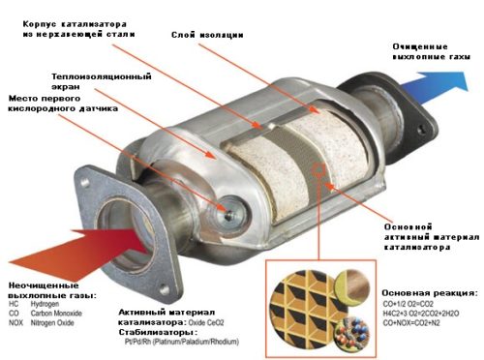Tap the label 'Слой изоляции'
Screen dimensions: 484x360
point(207,35)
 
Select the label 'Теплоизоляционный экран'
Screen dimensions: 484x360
point(102,81)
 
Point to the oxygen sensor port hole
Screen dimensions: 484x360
point(228,215)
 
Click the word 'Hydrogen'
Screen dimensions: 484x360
point(45,304)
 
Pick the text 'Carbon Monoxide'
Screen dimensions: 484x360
point(56,314)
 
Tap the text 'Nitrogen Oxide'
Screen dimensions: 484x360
point(52,322)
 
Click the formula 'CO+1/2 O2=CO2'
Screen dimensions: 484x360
point(408,304)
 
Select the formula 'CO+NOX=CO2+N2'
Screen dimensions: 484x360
point(411,323)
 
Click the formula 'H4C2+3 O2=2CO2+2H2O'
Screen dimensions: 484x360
point(421,314)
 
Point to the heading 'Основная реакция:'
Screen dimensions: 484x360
point(430,293)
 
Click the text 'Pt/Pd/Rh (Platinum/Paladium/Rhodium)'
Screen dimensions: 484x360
point(182,342)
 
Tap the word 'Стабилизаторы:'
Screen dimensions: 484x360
point(158,332)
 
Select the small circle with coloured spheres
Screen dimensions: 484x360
point(351,335)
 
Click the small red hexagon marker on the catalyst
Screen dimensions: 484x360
point(319,168)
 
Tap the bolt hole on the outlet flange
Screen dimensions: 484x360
point(421,131)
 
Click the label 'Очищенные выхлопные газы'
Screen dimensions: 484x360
point(431,51)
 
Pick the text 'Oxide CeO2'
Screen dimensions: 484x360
point(206,322)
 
